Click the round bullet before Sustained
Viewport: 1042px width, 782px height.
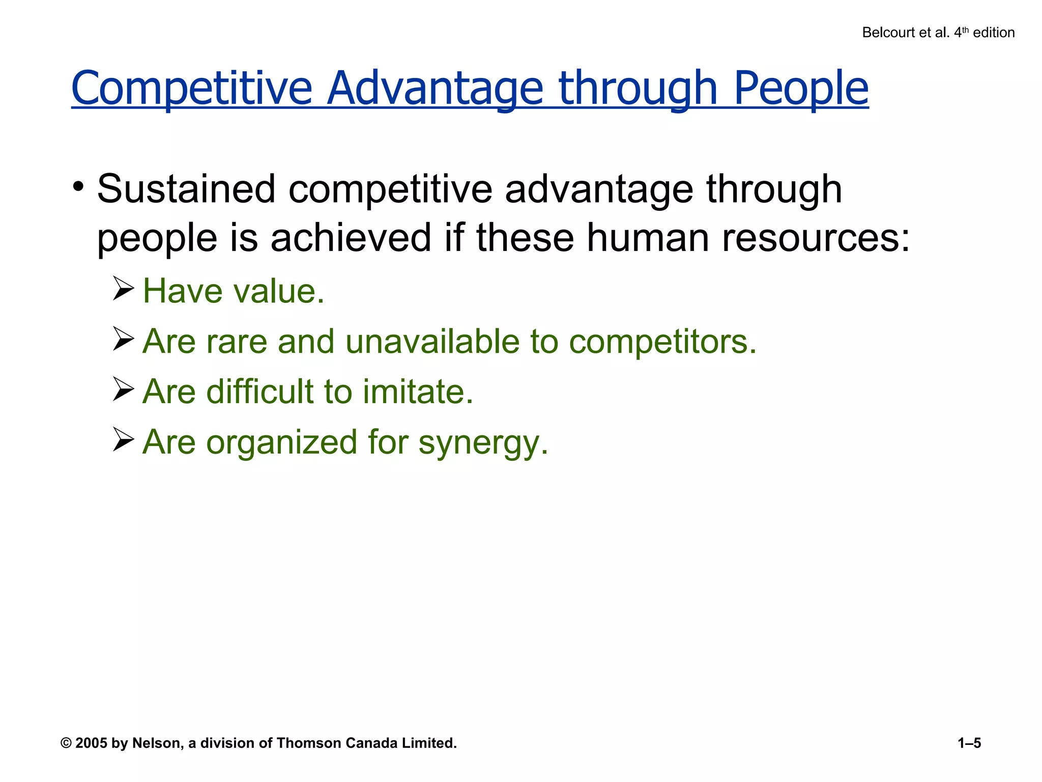[78, 187]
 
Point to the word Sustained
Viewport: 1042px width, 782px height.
[186, 189]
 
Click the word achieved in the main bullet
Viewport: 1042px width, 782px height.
[351, 238]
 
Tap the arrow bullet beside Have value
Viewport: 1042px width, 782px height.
[123, 289]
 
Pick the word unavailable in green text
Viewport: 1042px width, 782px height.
[432, 341]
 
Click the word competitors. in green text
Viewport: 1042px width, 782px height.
[662, 341]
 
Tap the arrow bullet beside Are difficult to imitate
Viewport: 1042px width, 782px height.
[123, 389]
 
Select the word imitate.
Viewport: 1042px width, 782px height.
[418, 392]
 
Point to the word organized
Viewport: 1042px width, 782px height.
[282, 442]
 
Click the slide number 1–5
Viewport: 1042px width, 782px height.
[969, 743]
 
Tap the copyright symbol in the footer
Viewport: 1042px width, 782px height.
[66, 743]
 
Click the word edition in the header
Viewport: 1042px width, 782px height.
[993, 33]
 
